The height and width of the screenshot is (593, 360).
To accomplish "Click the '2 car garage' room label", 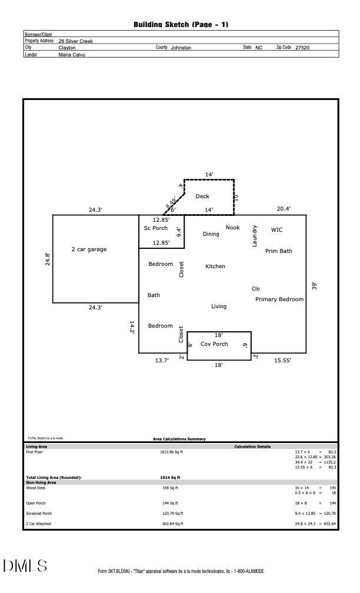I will point(89,249).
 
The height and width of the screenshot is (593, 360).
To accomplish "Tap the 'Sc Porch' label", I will point(156,228).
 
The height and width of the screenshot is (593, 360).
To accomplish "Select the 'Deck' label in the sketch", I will point(202,196).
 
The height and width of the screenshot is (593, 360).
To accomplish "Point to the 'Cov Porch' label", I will point(214,344).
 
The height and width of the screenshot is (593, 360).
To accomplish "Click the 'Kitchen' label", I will point(215,266).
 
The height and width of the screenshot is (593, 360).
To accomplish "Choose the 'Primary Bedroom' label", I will point(279,299).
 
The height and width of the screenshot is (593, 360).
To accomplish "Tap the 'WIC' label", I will point(276,230).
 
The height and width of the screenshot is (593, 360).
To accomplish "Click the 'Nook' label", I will point(233,228).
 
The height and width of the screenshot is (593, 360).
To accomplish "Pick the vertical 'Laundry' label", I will point(255,236).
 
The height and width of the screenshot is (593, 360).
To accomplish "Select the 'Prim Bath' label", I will point(278,251).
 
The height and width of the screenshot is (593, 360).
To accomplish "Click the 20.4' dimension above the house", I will point(284,209).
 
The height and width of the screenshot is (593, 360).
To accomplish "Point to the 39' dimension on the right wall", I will point(314,286).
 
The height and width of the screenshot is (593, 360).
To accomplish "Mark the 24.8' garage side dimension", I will point(48,259).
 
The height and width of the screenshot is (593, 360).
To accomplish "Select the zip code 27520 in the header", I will point(302,47).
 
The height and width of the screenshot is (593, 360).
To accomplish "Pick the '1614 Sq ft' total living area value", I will point(170,478).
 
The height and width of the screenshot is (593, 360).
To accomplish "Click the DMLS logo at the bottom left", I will point(25,566).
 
